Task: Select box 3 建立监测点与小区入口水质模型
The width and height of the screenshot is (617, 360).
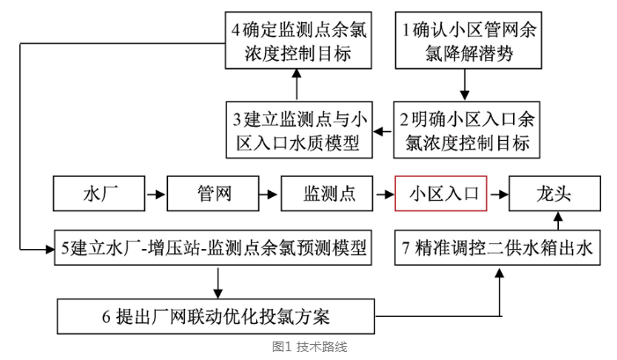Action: [x=296, y=129]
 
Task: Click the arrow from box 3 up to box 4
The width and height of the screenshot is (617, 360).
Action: [x=296, y=86]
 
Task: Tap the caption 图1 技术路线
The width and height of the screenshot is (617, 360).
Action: [x=308, y=348]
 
